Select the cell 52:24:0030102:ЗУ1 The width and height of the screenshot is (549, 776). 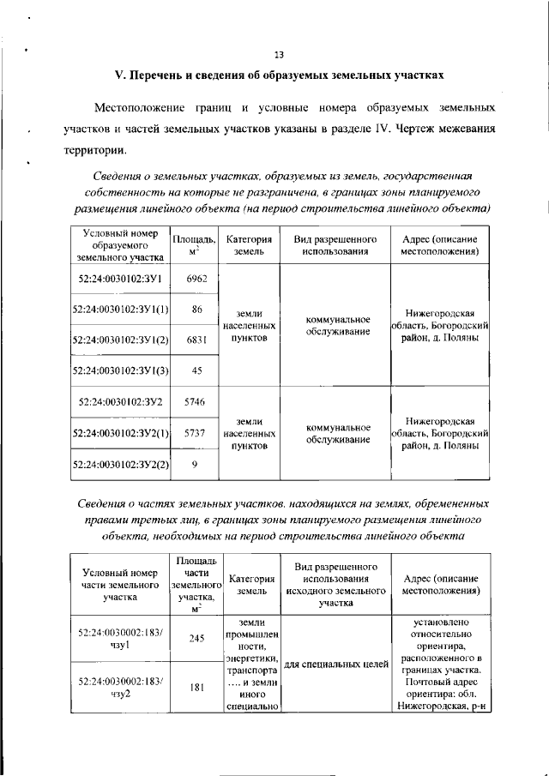(119, 279)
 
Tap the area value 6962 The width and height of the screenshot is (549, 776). (196, 279)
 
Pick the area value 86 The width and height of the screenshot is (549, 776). (196, 309)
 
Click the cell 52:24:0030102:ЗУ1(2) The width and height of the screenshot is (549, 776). (119, 340)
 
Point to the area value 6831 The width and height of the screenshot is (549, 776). (196, 340)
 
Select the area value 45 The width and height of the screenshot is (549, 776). (196, 370)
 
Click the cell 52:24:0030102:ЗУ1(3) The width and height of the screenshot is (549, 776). (119, 370)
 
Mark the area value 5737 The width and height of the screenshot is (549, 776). (196, 434)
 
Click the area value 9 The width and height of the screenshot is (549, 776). (196, 464)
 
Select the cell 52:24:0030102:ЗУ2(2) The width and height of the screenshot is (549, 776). (119, 464)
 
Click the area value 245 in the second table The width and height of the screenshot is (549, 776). (196, 638)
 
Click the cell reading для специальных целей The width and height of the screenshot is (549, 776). (335, 663)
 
